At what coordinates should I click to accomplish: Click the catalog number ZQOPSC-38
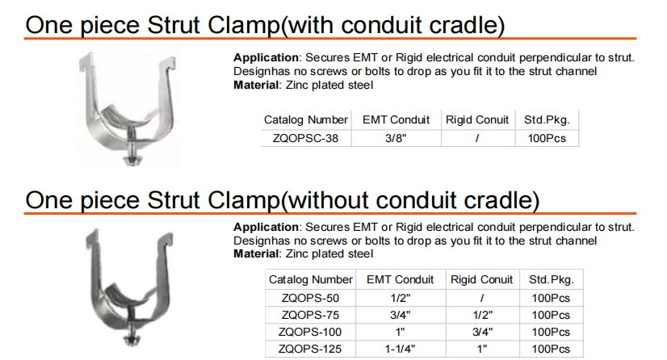(305, 138)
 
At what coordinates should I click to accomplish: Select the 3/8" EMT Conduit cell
(396, 138)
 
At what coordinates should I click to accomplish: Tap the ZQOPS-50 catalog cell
(311, 298)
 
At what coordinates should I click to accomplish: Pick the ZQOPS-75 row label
(311, 315)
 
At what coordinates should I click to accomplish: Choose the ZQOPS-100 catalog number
(310, 332)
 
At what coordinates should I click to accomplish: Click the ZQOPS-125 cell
(310, 349)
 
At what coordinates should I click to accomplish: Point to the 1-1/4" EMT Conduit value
(400, 349)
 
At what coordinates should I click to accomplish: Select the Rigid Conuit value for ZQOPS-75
(482, 315)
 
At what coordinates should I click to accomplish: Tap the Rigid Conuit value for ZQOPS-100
(482, 332)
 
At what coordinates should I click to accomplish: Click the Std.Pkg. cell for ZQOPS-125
(551, 349)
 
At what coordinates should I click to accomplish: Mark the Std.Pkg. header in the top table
(547, 119)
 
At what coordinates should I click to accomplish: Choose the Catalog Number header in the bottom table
(311, 279)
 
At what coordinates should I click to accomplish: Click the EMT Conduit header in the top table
(396, 119)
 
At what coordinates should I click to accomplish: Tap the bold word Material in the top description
(257, 85)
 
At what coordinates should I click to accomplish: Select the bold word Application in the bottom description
(266, 228)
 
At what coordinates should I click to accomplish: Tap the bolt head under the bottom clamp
(130, 340)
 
